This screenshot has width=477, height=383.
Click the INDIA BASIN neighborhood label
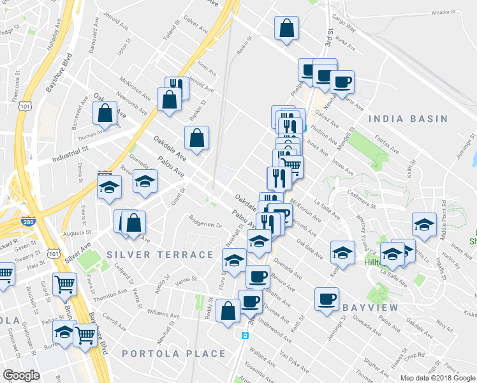point(408,119)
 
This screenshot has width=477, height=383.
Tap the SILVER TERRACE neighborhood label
point(160,255)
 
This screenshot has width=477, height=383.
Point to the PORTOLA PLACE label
point(173,354)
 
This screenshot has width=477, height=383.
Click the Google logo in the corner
point(21,375)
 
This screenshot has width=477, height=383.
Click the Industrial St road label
point(70,151)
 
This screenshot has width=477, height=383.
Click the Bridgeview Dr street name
point(205,224)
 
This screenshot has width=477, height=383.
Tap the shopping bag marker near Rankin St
point(197,137)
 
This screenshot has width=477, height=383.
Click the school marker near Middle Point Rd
point(425,225)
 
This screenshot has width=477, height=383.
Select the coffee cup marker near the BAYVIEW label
point(327,299)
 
